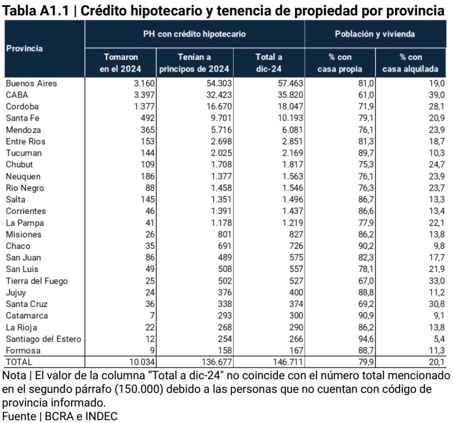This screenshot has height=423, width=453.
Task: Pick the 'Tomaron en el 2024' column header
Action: [120, 63]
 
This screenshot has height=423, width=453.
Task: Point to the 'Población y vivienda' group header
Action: [375, 34]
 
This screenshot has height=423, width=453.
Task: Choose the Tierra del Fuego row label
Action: [36, 281]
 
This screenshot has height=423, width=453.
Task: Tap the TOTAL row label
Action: [19, 362]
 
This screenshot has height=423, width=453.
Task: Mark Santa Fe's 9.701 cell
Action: [217, 118]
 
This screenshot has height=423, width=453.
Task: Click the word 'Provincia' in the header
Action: [24, 48]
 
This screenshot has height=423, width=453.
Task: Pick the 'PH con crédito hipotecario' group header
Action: [194, 34]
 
